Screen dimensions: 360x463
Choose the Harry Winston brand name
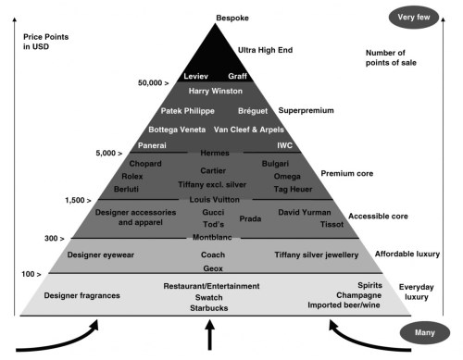click(214, 92)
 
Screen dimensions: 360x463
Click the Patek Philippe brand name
click(188, 111)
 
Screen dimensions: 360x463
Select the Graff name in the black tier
click(236, 75)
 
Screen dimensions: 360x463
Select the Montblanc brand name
click(212, 238)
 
